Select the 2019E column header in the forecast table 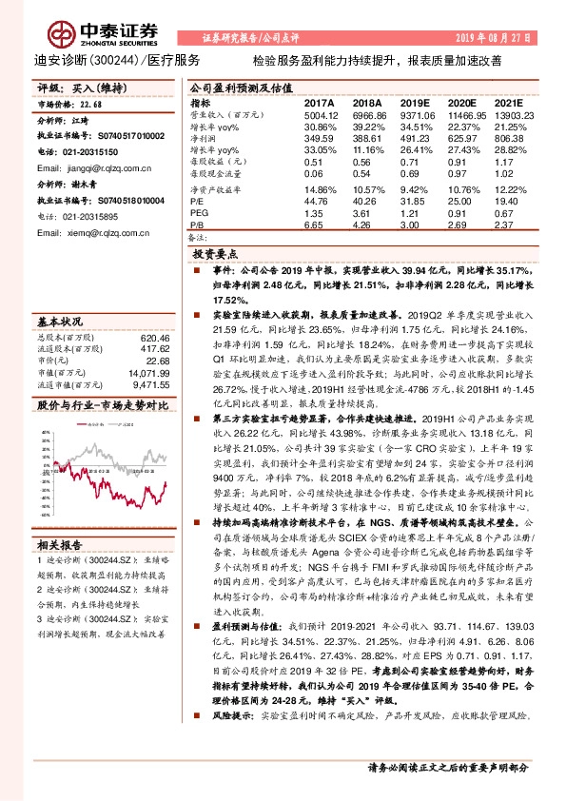(x=416, y=102)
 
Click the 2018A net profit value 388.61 (x=366, y=140)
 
